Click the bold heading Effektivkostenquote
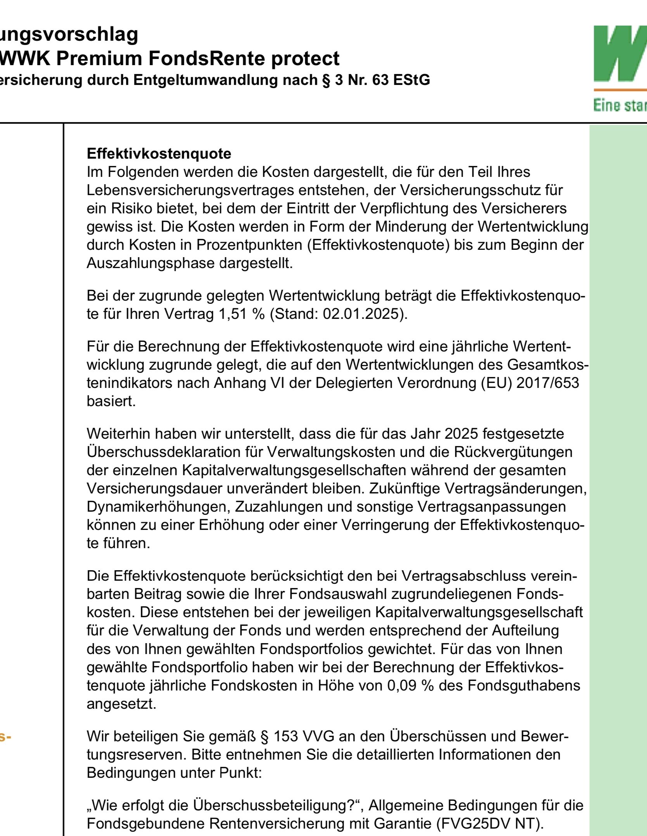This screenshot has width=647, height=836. [159, 154]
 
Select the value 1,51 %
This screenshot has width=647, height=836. [242, 313]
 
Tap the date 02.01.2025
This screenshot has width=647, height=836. [361, 313]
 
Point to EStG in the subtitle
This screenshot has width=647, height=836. [411, 80]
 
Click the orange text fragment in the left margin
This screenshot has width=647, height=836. [5, 736]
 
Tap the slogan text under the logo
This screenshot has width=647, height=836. [619, 105]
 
